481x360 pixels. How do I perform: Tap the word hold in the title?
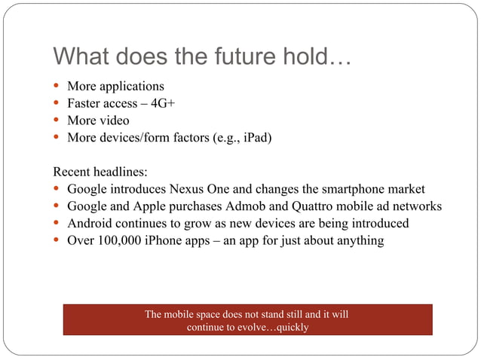pos(310,57)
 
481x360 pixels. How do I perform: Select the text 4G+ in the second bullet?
pos(162,103)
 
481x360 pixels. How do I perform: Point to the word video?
pos(112,121)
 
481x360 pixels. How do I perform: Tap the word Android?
pos(90,224)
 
